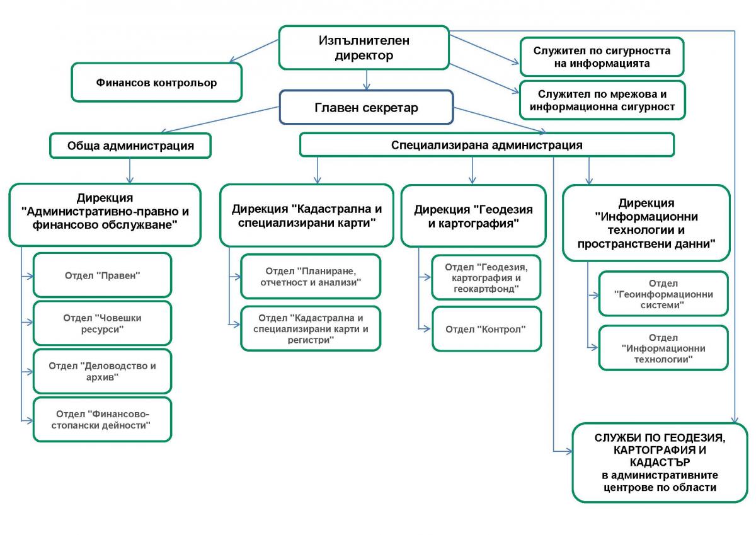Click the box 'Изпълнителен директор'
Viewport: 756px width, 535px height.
tap(364, 48)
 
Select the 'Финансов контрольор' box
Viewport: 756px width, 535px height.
tap(157, 83)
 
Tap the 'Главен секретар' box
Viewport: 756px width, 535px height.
tap(366, 107)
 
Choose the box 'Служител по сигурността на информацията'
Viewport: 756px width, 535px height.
tap(602, 57)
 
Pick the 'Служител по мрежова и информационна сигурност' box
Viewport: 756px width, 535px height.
tap(602, 100)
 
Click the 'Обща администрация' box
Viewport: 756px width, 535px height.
tap(130, 146)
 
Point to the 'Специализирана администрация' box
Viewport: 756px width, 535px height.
tap(486, 145)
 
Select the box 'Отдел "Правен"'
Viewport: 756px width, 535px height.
tap(102, 275)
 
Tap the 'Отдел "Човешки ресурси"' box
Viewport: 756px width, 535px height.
tap(102, 323)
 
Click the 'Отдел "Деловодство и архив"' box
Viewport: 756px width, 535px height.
tap(102, 371)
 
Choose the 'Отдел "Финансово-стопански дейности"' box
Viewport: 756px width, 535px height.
tap(102, 419)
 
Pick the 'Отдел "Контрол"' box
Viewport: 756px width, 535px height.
tap(486, 329)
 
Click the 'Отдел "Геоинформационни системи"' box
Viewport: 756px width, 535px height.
tap(663, 294)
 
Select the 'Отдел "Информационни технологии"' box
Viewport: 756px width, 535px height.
tap(663, 348)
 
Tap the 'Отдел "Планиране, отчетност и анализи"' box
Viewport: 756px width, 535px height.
tap(311, 277)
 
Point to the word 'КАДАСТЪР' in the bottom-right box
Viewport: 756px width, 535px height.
tap(660, 462)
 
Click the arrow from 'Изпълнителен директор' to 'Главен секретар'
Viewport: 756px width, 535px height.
tap(367, 80)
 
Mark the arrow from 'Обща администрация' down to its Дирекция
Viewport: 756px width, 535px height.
tap(130, 171)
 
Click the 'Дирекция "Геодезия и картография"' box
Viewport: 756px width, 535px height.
tap(473, 216)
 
